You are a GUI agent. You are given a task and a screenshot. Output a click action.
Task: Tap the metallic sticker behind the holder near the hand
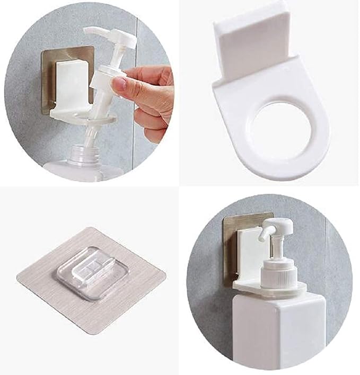[53, 69]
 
